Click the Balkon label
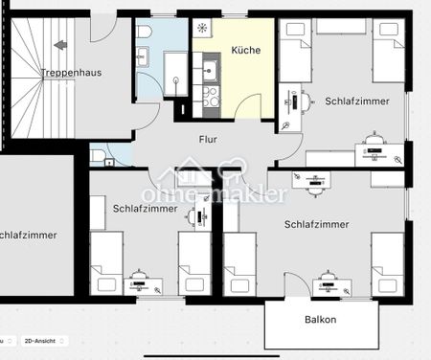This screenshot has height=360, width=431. (x=320, y=320)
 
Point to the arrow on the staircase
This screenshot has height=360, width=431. (x=60, y=44)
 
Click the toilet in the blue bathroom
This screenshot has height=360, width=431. (x=144, y=34)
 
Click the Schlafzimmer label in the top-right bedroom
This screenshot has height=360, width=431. (x=354, y=101)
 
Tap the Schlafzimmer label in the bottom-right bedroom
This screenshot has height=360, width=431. (x=315, y=224)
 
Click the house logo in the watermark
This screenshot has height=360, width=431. (x=188, y=177)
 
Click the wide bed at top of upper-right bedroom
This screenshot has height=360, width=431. (x=342, y=29)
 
